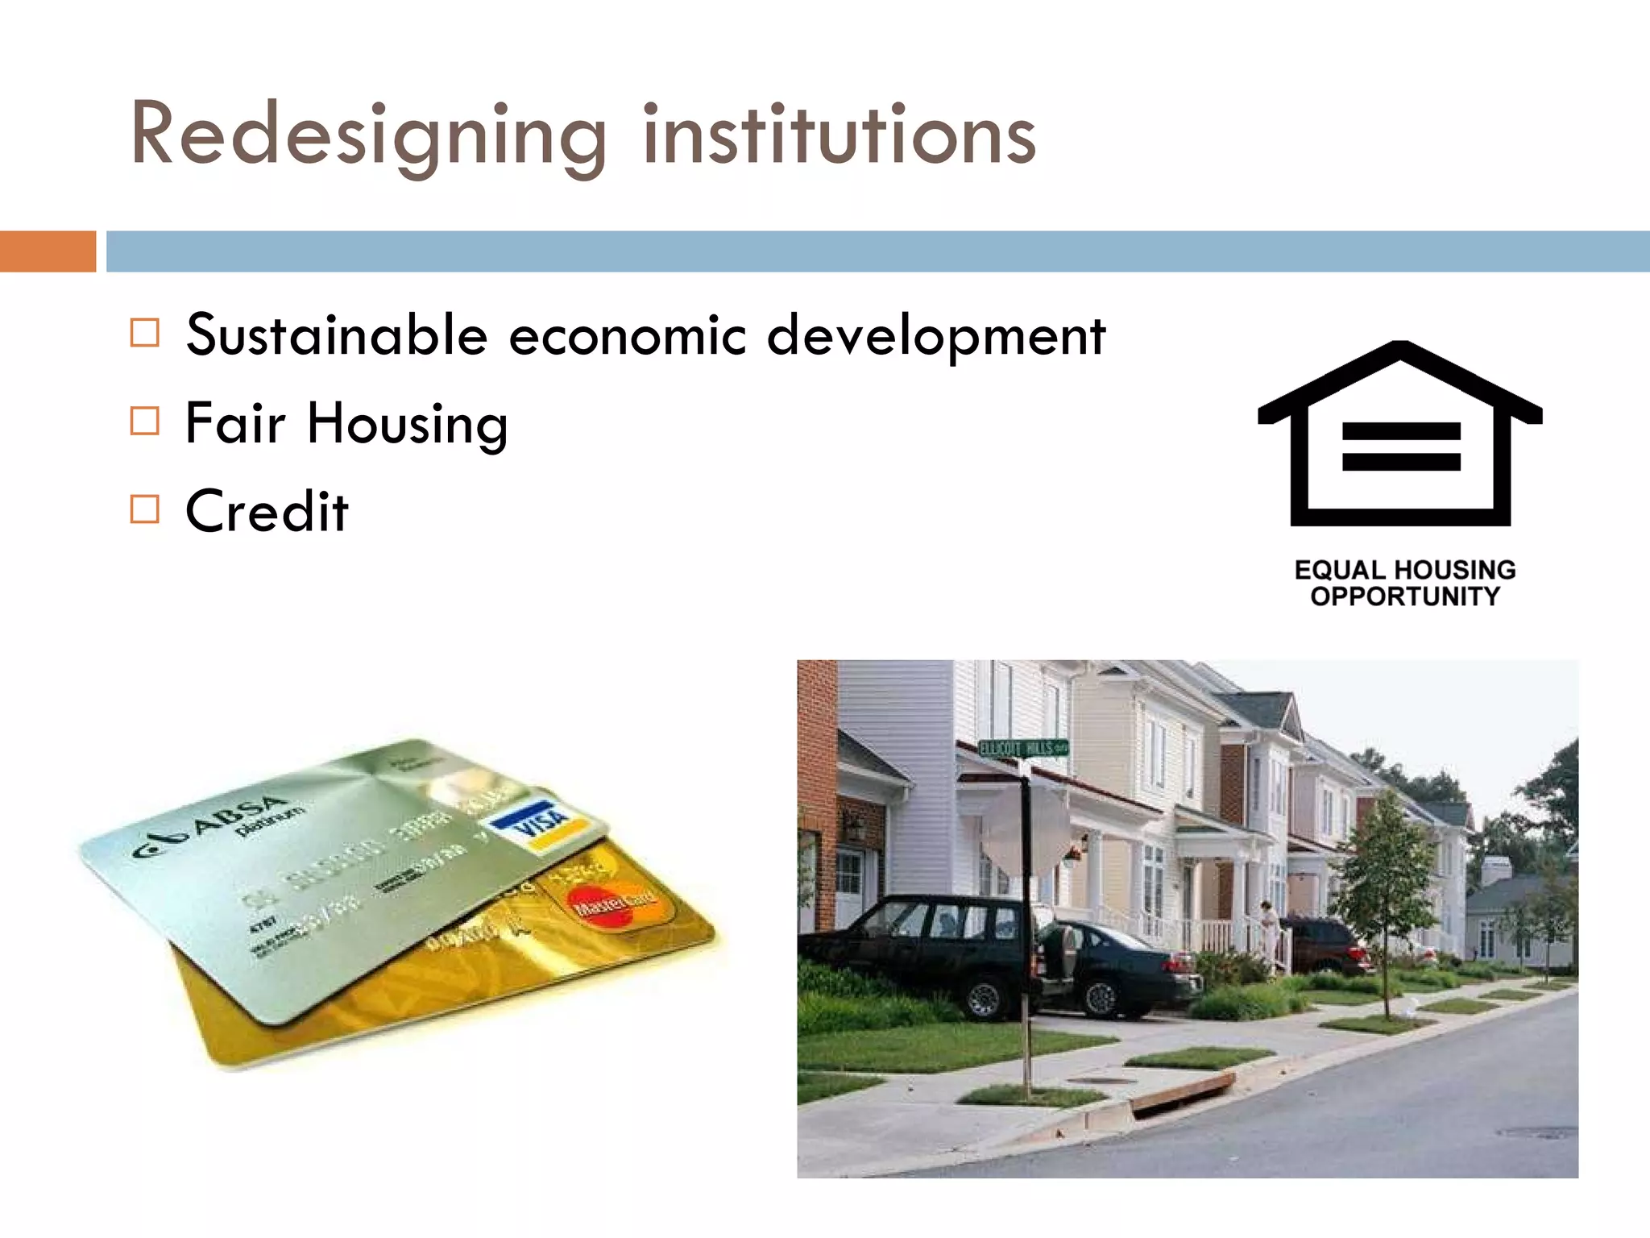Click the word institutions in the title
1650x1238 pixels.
click(839, 135)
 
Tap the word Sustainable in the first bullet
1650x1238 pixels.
click(337, 334)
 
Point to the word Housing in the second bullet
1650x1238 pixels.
click(407, 424)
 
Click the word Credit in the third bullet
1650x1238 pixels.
click(267, 511)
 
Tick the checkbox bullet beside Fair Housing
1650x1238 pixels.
click(145, 421)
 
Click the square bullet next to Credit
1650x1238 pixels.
click(145, 509)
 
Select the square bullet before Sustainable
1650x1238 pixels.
click(145, 332)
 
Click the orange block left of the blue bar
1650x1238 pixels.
click(48, 251)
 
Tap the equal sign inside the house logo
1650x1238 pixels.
click(1401, 447)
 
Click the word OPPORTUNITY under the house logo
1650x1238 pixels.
click(1405, 597)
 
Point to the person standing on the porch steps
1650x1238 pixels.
click(1268, 927)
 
